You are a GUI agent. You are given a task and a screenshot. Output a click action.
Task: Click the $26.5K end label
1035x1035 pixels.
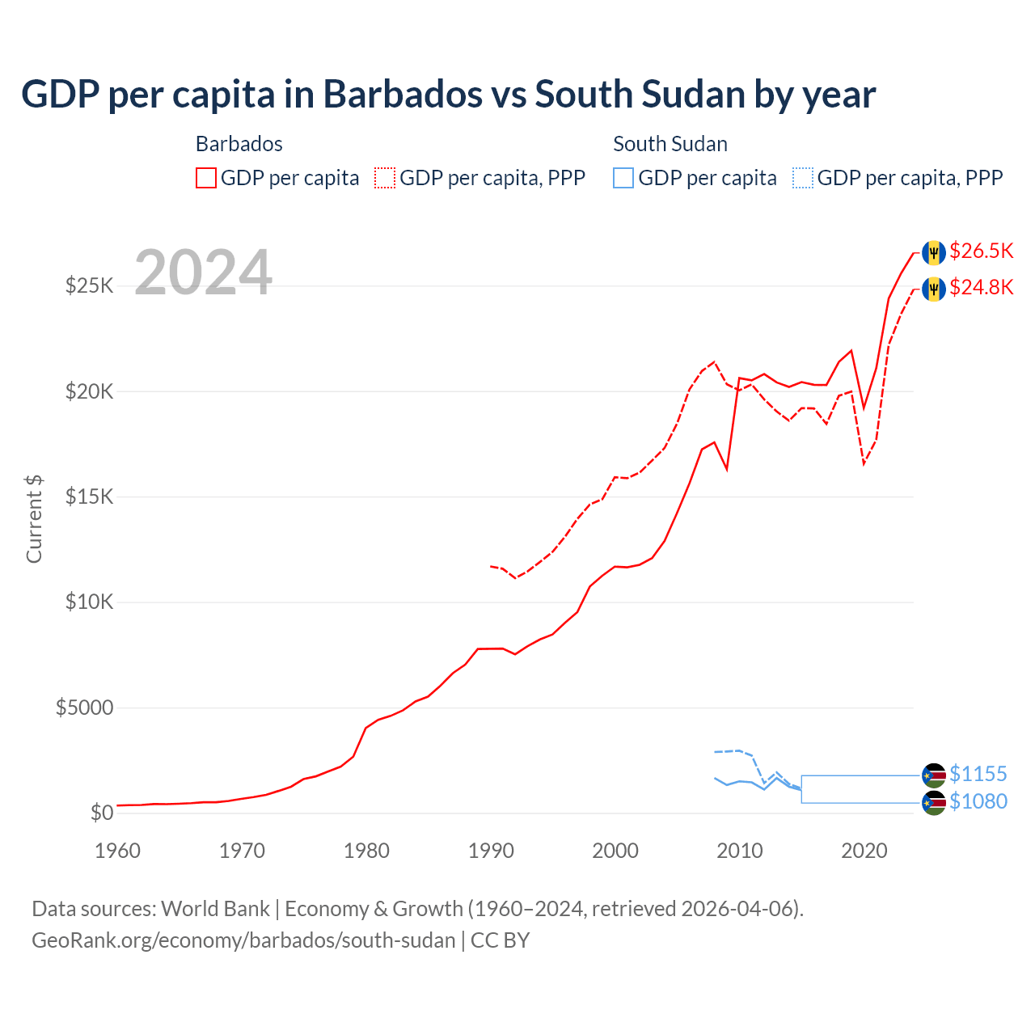point(981,251)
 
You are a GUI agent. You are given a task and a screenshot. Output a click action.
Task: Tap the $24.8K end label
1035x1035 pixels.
point(981,288)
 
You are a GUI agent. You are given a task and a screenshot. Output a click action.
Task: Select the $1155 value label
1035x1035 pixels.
point(978,775)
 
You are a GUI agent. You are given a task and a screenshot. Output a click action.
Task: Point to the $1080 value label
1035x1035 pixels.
point(978,802)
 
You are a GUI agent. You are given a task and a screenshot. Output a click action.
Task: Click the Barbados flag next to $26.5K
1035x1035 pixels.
point(934,252)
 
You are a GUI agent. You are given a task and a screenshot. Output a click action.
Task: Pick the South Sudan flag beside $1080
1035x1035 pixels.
point(934,803)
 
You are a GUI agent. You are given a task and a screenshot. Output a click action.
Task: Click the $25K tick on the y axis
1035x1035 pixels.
point(90,286)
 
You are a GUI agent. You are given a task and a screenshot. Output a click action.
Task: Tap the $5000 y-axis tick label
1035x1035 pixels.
point(85,708)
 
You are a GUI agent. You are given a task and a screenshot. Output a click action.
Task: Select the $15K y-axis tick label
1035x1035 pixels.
point(90,497)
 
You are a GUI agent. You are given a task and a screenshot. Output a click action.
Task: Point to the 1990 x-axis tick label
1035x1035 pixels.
point(491,851)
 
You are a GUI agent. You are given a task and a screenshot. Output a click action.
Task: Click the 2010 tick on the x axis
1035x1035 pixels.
point(740,851)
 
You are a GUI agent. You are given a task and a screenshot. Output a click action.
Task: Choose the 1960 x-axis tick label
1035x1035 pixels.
point(118,851)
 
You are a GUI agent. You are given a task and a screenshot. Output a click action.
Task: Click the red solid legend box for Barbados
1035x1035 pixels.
point(206,178)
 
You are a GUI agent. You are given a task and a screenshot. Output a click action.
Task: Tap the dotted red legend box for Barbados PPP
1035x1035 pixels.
point(385,178)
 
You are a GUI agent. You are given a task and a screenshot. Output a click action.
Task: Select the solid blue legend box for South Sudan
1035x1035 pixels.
point(623,178)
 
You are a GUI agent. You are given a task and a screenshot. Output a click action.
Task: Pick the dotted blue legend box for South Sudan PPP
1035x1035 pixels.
point(803,178)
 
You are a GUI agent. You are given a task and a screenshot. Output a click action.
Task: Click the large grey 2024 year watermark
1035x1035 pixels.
point(203,272)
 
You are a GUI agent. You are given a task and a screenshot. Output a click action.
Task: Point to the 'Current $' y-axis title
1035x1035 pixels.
point(34,519)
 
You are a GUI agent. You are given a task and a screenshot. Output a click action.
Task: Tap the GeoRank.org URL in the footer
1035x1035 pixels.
point(243,940)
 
